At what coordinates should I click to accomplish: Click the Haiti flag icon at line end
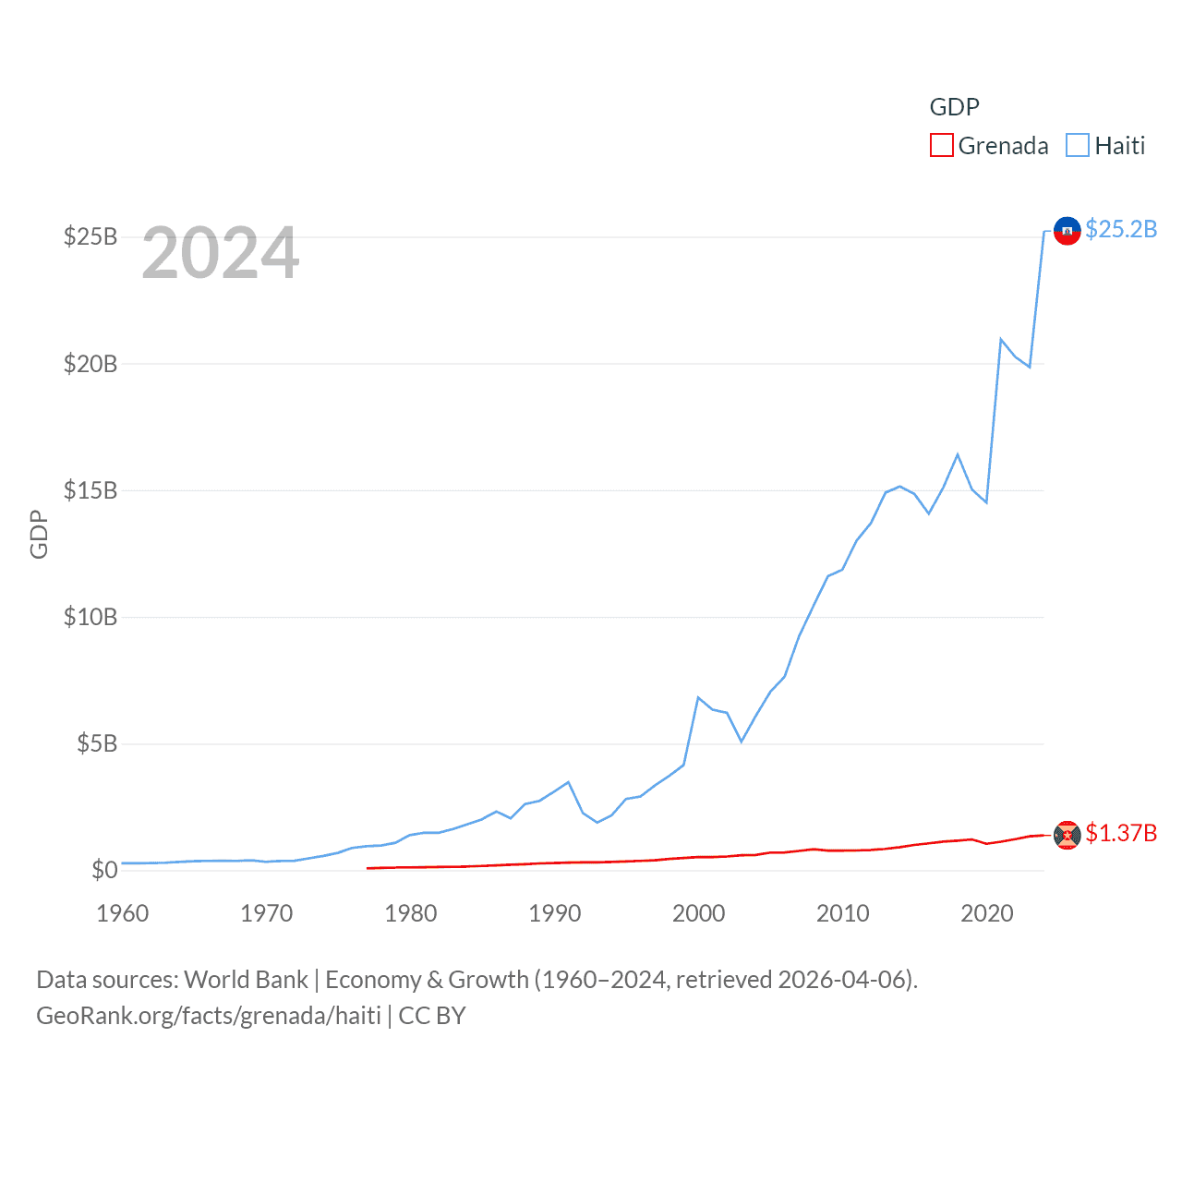[1067, 231]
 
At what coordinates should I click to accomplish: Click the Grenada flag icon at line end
[1067, 835]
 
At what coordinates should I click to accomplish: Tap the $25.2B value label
[1121, 229]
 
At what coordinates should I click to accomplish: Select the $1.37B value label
[1121, 833]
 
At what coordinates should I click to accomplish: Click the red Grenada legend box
[941, 146]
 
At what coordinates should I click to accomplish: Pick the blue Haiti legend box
[1077, 146]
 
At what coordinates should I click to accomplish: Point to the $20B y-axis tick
[90, 364]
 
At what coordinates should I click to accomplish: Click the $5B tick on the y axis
[97, 743]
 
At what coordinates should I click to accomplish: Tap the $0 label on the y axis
[104, 870]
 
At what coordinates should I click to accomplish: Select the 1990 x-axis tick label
[554, 914]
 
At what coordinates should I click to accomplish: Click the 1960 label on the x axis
[123, 914]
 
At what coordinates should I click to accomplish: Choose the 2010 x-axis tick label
[842, 914]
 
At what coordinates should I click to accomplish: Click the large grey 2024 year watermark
[221, 253]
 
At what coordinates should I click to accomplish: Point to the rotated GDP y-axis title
[39, 534]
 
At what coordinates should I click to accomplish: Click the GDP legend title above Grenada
[954, 107]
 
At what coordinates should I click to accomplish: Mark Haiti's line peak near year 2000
[698, 698]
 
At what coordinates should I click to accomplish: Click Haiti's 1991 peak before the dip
[568, 782]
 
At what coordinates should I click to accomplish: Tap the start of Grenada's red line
[368, 868]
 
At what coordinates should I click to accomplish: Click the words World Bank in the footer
[246, 980]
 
